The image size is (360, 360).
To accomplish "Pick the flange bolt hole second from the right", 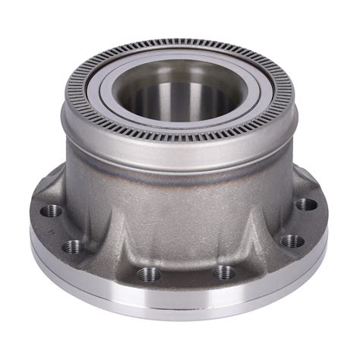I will [x=291, y=242].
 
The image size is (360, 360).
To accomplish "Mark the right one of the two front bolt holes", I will [x=223, y=271].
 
